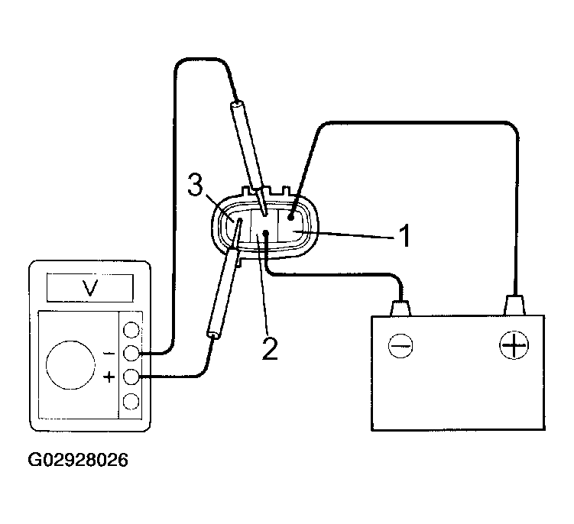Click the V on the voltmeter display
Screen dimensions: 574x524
click(90, 288)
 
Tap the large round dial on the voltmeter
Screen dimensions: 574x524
click(71, 365)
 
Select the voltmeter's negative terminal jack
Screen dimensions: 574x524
click(131, 354)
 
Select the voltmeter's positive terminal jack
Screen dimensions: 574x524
click(131, 377)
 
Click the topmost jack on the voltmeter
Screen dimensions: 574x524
click(131, 330)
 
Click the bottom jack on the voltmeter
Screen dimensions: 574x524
click(131, 402)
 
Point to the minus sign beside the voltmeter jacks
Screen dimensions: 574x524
click(109, 354)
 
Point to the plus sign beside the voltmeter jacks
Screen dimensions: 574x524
click(109, 377)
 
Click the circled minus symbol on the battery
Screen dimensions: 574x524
click(401, 345)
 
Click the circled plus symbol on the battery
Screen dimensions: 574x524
click(514, 344)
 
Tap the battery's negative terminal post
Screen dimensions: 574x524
click(401, 308)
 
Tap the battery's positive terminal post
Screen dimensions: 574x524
click(514, 306)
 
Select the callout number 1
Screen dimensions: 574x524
click(404, 236)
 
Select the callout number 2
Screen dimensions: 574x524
click(270, 348)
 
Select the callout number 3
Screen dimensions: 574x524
click(195, 185)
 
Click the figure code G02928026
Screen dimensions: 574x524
click(78, 460)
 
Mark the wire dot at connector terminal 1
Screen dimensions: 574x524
click(291, 218)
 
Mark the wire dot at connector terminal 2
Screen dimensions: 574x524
click(266, 233)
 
